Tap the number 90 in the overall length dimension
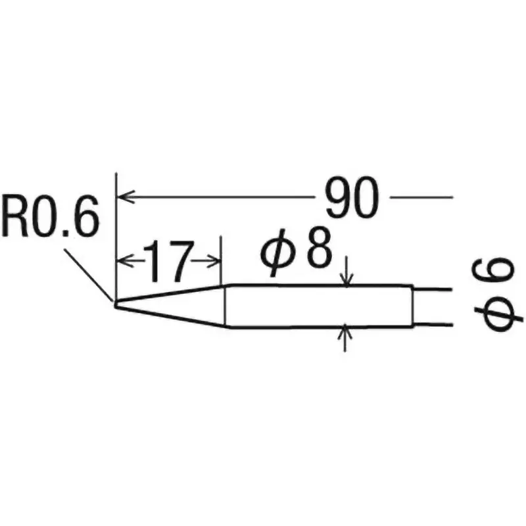point(352,199)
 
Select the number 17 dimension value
point(169,261)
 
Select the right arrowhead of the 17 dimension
point(215,261)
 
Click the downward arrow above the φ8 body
point(347,279)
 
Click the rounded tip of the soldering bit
point(116,304)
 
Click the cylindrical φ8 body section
point(316,306)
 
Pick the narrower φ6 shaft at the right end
point(434,306)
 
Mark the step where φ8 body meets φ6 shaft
point(414,306)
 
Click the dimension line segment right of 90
point(421,197)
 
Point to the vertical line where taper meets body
point(226,306)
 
